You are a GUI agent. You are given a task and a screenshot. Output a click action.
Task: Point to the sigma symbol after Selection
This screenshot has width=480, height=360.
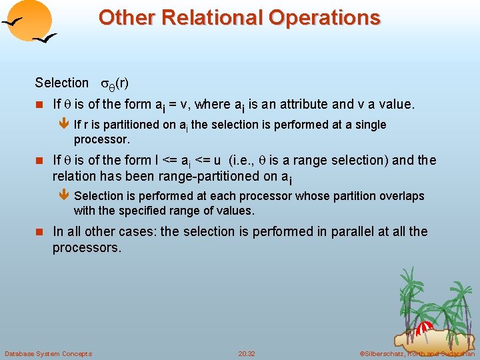(x=104, y=84)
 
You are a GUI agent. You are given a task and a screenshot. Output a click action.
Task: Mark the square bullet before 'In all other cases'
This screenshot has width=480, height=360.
(x=39, y=233)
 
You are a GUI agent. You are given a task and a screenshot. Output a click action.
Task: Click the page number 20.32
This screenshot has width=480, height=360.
(x=247, y=353)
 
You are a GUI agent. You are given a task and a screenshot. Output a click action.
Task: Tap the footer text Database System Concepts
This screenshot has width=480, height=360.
(x=48, y=353)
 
